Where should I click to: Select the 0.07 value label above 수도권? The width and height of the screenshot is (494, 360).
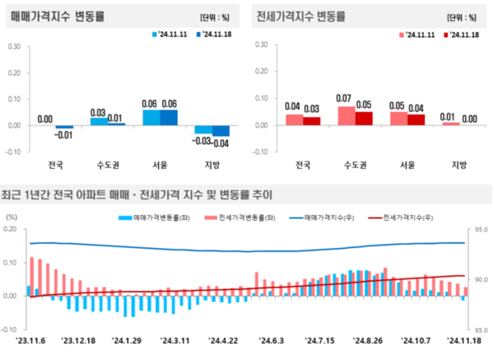345,99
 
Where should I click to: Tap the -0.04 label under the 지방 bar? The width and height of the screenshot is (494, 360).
222,143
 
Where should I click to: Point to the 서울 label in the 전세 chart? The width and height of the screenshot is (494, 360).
405,165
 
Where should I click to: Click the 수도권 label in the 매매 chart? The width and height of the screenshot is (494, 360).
107,165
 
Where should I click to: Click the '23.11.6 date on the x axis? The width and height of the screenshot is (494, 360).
31,339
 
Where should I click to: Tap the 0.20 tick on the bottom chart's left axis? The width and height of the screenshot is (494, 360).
12,228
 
